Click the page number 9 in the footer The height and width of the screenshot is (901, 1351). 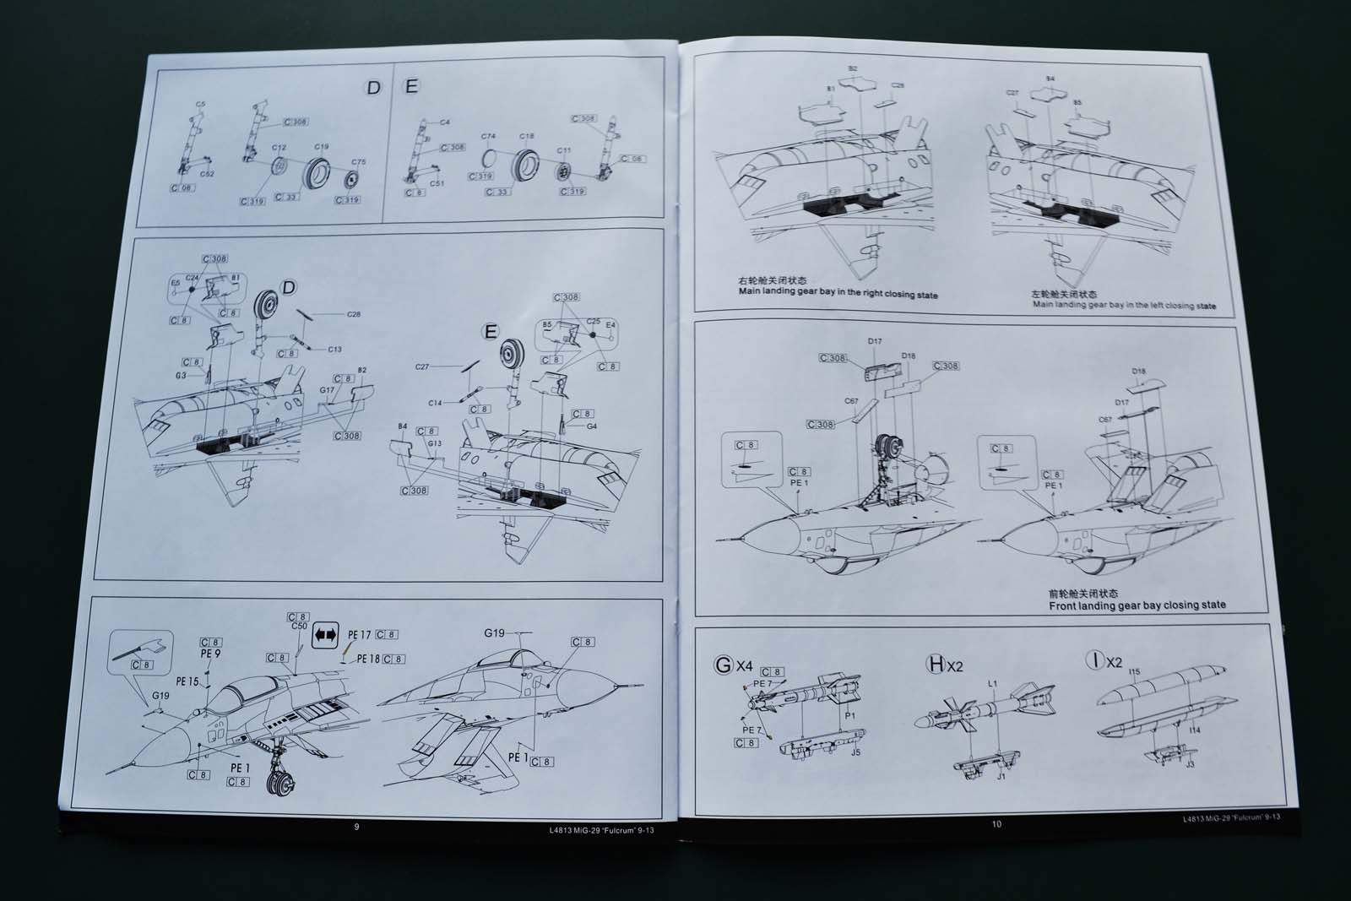(x=356, y=827)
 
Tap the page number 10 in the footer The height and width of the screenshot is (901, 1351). (x=996, y=824)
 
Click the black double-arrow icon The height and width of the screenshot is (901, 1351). (x=325, y=635)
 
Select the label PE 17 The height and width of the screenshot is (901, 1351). (x=359, y=635)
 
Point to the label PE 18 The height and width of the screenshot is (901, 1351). (x=368, y=659)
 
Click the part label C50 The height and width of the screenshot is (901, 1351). (x=299, y=626)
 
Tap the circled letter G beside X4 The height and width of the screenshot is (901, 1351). (x=724, y=665)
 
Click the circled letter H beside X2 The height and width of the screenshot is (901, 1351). (x=936, y=665)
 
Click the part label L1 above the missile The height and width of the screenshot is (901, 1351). (x=993, y=684)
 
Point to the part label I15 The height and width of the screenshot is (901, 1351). (x=1134, y=673)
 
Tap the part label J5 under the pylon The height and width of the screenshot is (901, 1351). (x=855, y=752)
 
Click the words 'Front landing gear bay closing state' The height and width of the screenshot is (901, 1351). (x=1137, y=605)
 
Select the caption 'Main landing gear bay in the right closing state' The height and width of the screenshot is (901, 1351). (x=838, y=294)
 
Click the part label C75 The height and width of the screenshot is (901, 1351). (x=359, y=162)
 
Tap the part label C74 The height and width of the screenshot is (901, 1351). (x=488, y=136)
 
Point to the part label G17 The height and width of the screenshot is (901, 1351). (x=328, y=389)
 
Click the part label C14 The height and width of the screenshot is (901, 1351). (x=434, y=403)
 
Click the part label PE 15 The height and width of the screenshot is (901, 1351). (x=187, y=681)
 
